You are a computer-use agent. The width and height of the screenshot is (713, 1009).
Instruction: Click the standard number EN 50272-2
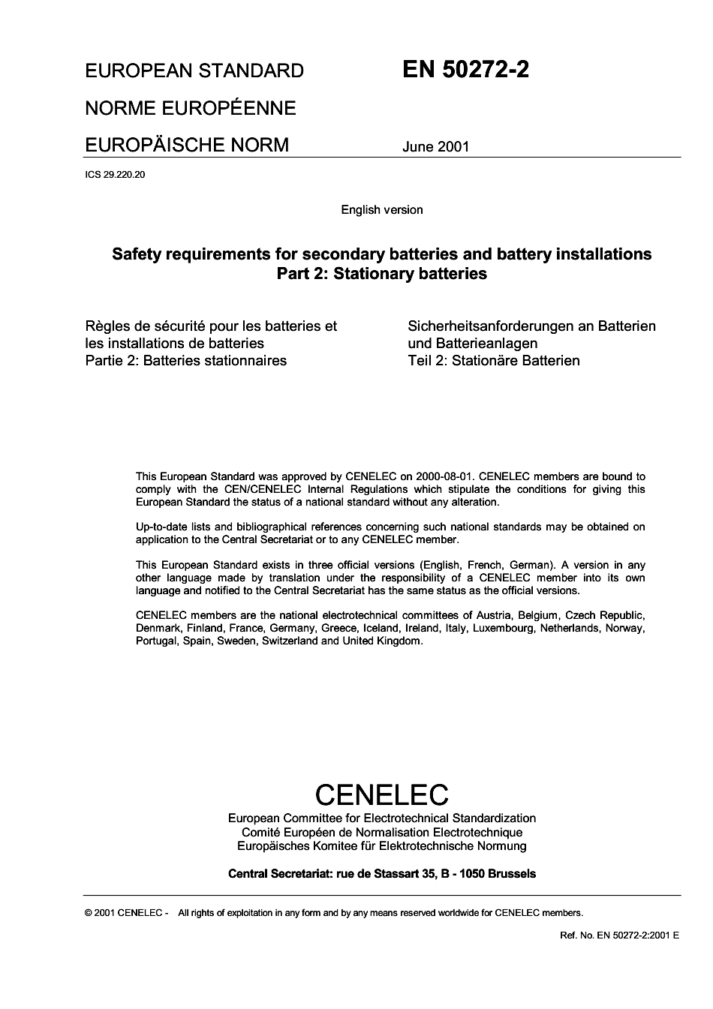(465, 70)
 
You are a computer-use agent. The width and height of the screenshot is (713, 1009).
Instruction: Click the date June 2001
(435, 146)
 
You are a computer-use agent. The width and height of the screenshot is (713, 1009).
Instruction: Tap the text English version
(381, 210)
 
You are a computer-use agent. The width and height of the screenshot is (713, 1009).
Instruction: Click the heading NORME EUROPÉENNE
(191, 108)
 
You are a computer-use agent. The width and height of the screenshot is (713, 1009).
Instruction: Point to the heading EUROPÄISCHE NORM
(186, 144)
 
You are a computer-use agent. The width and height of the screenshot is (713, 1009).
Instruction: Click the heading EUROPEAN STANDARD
(194, 71)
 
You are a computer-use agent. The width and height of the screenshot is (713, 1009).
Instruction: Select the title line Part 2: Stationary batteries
(381, 274)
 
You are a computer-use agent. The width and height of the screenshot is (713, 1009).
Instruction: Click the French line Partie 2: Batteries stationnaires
(186, 361)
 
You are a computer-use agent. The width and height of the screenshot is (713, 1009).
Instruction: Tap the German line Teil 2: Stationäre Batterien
(493, 361)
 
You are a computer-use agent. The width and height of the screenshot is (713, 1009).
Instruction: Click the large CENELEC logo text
(381, 794)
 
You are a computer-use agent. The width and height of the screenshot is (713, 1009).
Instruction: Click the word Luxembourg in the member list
(502, 628)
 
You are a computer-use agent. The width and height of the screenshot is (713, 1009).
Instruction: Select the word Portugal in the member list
(156, 641)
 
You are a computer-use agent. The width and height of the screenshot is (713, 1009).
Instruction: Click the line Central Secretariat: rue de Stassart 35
(381, 874)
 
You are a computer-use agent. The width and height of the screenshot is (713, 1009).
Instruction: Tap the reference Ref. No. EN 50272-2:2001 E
(619, 935)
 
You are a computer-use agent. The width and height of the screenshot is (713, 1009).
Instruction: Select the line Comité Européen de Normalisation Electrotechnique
(381, 832)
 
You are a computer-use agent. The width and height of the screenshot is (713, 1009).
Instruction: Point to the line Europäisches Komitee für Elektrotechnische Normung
(381, 846)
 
